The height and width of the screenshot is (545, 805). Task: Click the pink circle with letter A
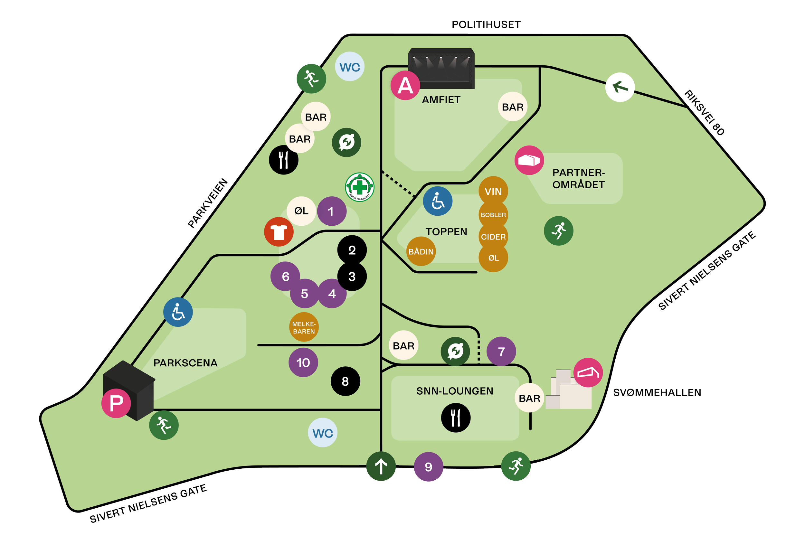[405, 86]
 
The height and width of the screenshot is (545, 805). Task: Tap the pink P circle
[116, 403]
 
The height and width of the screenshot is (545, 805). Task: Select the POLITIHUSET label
[486, 24]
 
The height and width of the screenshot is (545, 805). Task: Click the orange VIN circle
[493, 191]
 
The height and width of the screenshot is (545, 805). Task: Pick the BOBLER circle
[493, 215]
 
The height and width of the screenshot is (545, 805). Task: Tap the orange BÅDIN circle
[421, 251]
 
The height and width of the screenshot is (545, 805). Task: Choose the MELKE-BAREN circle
[304, 327]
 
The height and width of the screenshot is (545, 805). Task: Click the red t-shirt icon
[279, 232]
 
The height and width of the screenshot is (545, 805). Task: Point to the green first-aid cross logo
[360, 187]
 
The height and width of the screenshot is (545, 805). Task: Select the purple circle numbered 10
[303, 362]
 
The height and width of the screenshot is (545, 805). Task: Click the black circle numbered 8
[346, 381]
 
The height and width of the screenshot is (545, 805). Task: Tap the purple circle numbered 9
[429, 467]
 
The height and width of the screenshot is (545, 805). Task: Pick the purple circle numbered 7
[501, 352]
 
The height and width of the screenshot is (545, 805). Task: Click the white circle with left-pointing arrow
[620, 87]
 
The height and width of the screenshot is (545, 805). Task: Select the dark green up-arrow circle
[381, 466]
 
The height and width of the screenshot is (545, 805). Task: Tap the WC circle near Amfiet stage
[349, 67]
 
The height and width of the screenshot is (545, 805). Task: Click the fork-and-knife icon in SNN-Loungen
[456, 418]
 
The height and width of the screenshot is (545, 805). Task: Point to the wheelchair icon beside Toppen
[438, 201]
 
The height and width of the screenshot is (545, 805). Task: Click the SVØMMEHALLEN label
[657, 393]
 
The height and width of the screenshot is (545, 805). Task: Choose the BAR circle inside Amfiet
[513, 107]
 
